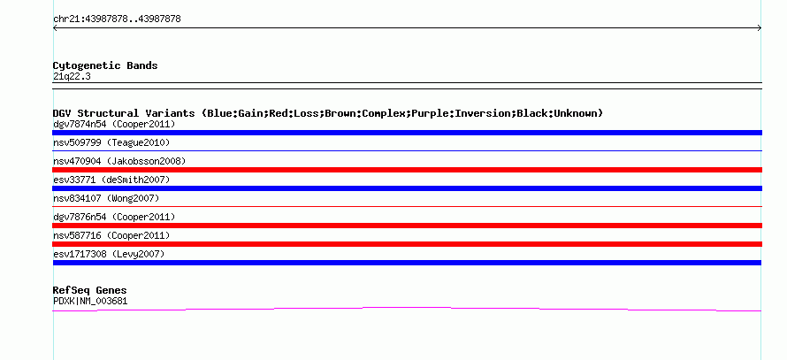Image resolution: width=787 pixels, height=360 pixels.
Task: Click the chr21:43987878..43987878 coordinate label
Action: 117,19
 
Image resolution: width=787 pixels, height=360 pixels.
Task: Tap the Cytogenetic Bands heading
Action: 105,65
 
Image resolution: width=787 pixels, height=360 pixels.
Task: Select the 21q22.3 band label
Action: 72,77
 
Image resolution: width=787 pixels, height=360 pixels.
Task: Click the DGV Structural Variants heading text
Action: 124,113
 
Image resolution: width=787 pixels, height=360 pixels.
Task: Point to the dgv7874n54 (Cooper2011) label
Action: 114,124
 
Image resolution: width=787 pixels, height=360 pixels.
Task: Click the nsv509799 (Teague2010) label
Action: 111,142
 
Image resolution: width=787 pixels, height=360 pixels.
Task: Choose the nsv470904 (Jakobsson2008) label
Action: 119,161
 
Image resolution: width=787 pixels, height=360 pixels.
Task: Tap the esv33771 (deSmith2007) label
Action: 111,180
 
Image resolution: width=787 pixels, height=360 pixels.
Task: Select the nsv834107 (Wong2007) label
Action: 106,198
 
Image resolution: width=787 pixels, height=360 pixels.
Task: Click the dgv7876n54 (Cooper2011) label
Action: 114,217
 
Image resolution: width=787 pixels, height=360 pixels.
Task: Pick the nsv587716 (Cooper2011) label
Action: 111,235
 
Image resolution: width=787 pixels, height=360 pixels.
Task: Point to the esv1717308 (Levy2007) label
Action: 109,254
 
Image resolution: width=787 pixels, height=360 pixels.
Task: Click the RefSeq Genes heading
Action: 90,290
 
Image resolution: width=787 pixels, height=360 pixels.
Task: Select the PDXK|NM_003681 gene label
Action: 90,302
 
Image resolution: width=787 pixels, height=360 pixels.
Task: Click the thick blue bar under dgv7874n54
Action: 407,133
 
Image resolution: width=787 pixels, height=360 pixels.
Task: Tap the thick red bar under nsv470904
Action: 407,170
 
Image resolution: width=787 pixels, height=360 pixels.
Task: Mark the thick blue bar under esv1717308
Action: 407,263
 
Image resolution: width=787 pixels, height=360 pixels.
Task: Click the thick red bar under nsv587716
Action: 407,244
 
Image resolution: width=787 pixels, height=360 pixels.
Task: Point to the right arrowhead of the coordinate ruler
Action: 760,28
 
